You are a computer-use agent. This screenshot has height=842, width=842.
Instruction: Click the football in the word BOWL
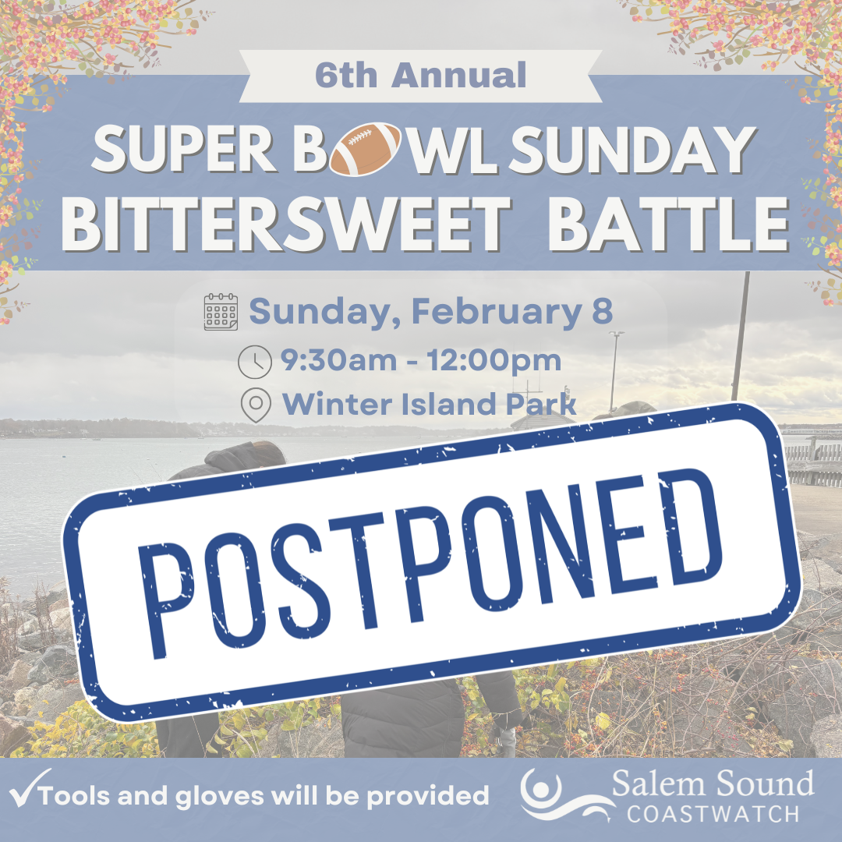click(x=365, y=149)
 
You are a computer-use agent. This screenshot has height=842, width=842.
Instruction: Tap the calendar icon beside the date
click(x=221, y=311)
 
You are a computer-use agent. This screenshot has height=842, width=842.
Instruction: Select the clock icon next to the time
click(x=254, y=362)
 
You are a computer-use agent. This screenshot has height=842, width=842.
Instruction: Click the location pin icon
click(x=256, y=405)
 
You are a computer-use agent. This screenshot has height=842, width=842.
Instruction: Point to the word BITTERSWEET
click(x=286, y=224)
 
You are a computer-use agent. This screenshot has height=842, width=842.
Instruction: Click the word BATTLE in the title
click(x=667, y=224)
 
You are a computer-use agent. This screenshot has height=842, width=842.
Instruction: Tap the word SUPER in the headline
click(x=184, y=149)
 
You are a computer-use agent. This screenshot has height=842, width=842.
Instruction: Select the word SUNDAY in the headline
click(x=632, y=149)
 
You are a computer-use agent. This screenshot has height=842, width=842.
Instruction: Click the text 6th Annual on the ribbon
click(x=420, y=75)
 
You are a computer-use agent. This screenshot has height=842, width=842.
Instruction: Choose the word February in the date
click(x=497, y=312)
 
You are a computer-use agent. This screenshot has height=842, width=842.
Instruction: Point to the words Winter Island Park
click(x=429, y=404)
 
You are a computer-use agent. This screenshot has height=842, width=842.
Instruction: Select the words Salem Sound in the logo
click(x=713, y=784)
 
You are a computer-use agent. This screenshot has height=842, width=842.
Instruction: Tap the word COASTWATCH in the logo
click(x=713, y=813)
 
